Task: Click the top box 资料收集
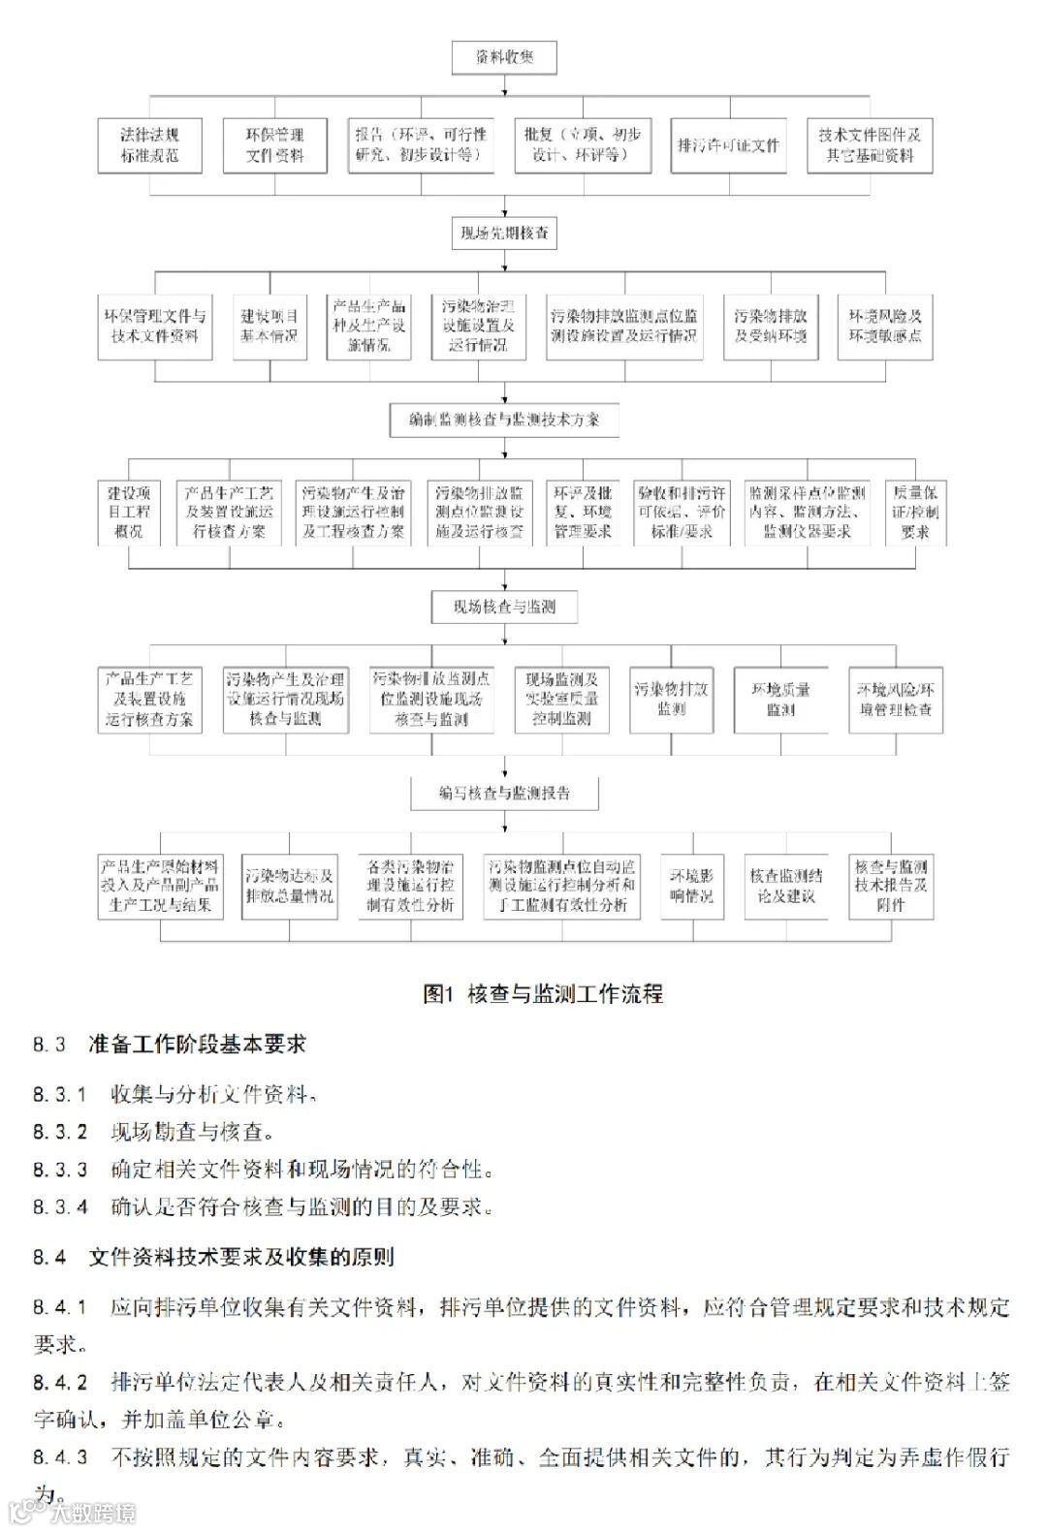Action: click(504, 57)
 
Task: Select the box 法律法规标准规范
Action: click(149, 145)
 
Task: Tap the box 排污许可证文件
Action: click(728, 145)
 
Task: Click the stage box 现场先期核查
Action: click(504, 233)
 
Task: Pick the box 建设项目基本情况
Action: click(270, 327)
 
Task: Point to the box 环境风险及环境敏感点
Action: click(885, 327)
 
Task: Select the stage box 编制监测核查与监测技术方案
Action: click(504, 420)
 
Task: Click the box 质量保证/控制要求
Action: click(915, 513)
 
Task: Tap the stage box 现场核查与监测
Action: click(504, 607)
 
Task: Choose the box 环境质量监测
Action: click(780, 699)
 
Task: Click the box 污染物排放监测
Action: click(671, 699)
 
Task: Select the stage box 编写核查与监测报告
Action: click(504, 793)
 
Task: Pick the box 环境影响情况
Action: click(691, 886)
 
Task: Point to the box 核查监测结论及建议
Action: click(786, 886)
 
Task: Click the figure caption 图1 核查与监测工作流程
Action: click(543, 993)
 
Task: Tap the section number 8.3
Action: click(49, 1045)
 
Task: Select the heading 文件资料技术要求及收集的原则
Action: click(241, 1258)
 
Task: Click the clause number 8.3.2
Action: click(60, 1132)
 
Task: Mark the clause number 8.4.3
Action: click(60, 1457)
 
